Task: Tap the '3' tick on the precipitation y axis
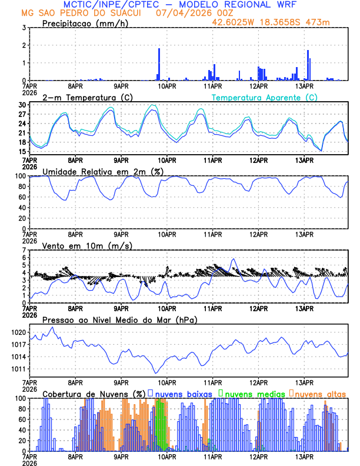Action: [23, 28]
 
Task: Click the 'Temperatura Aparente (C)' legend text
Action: [264, 97]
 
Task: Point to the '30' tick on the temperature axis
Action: [21, 105]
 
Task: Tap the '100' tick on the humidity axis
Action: [19, 176]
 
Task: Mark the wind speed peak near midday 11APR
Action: [234, 259]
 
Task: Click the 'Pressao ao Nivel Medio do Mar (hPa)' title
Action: [120, 319]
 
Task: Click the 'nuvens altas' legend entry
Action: [320, 394]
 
